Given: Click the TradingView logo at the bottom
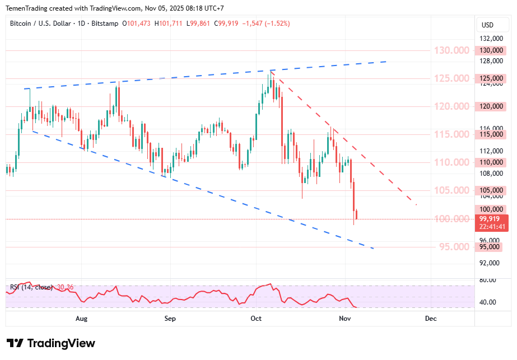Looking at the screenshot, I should (x=51, y=343).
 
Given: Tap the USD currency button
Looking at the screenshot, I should (x=487, y=25).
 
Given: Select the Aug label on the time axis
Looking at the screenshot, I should (x=82, y=319).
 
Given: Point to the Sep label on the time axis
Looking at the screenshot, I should (x=170, y=319).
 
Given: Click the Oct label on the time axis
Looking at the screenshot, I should (x=257, y=319).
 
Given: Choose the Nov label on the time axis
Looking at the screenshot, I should (x=345, y=319).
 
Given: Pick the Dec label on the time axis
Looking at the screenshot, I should (x=431, y=319).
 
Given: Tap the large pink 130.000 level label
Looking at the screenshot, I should (x=451, y=50).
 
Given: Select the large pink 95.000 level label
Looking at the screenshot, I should (x=451, y=247).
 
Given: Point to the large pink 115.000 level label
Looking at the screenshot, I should (x=451, y=134).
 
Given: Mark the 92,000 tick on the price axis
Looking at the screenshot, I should (x=490, y=263).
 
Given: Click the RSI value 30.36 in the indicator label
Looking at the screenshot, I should (x=66, y=287).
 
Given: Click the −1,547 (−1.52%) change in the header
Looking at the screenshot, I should (x=266, y=24).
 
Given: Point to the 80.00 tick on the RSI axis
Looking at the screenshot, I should (x=488, y=280).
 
